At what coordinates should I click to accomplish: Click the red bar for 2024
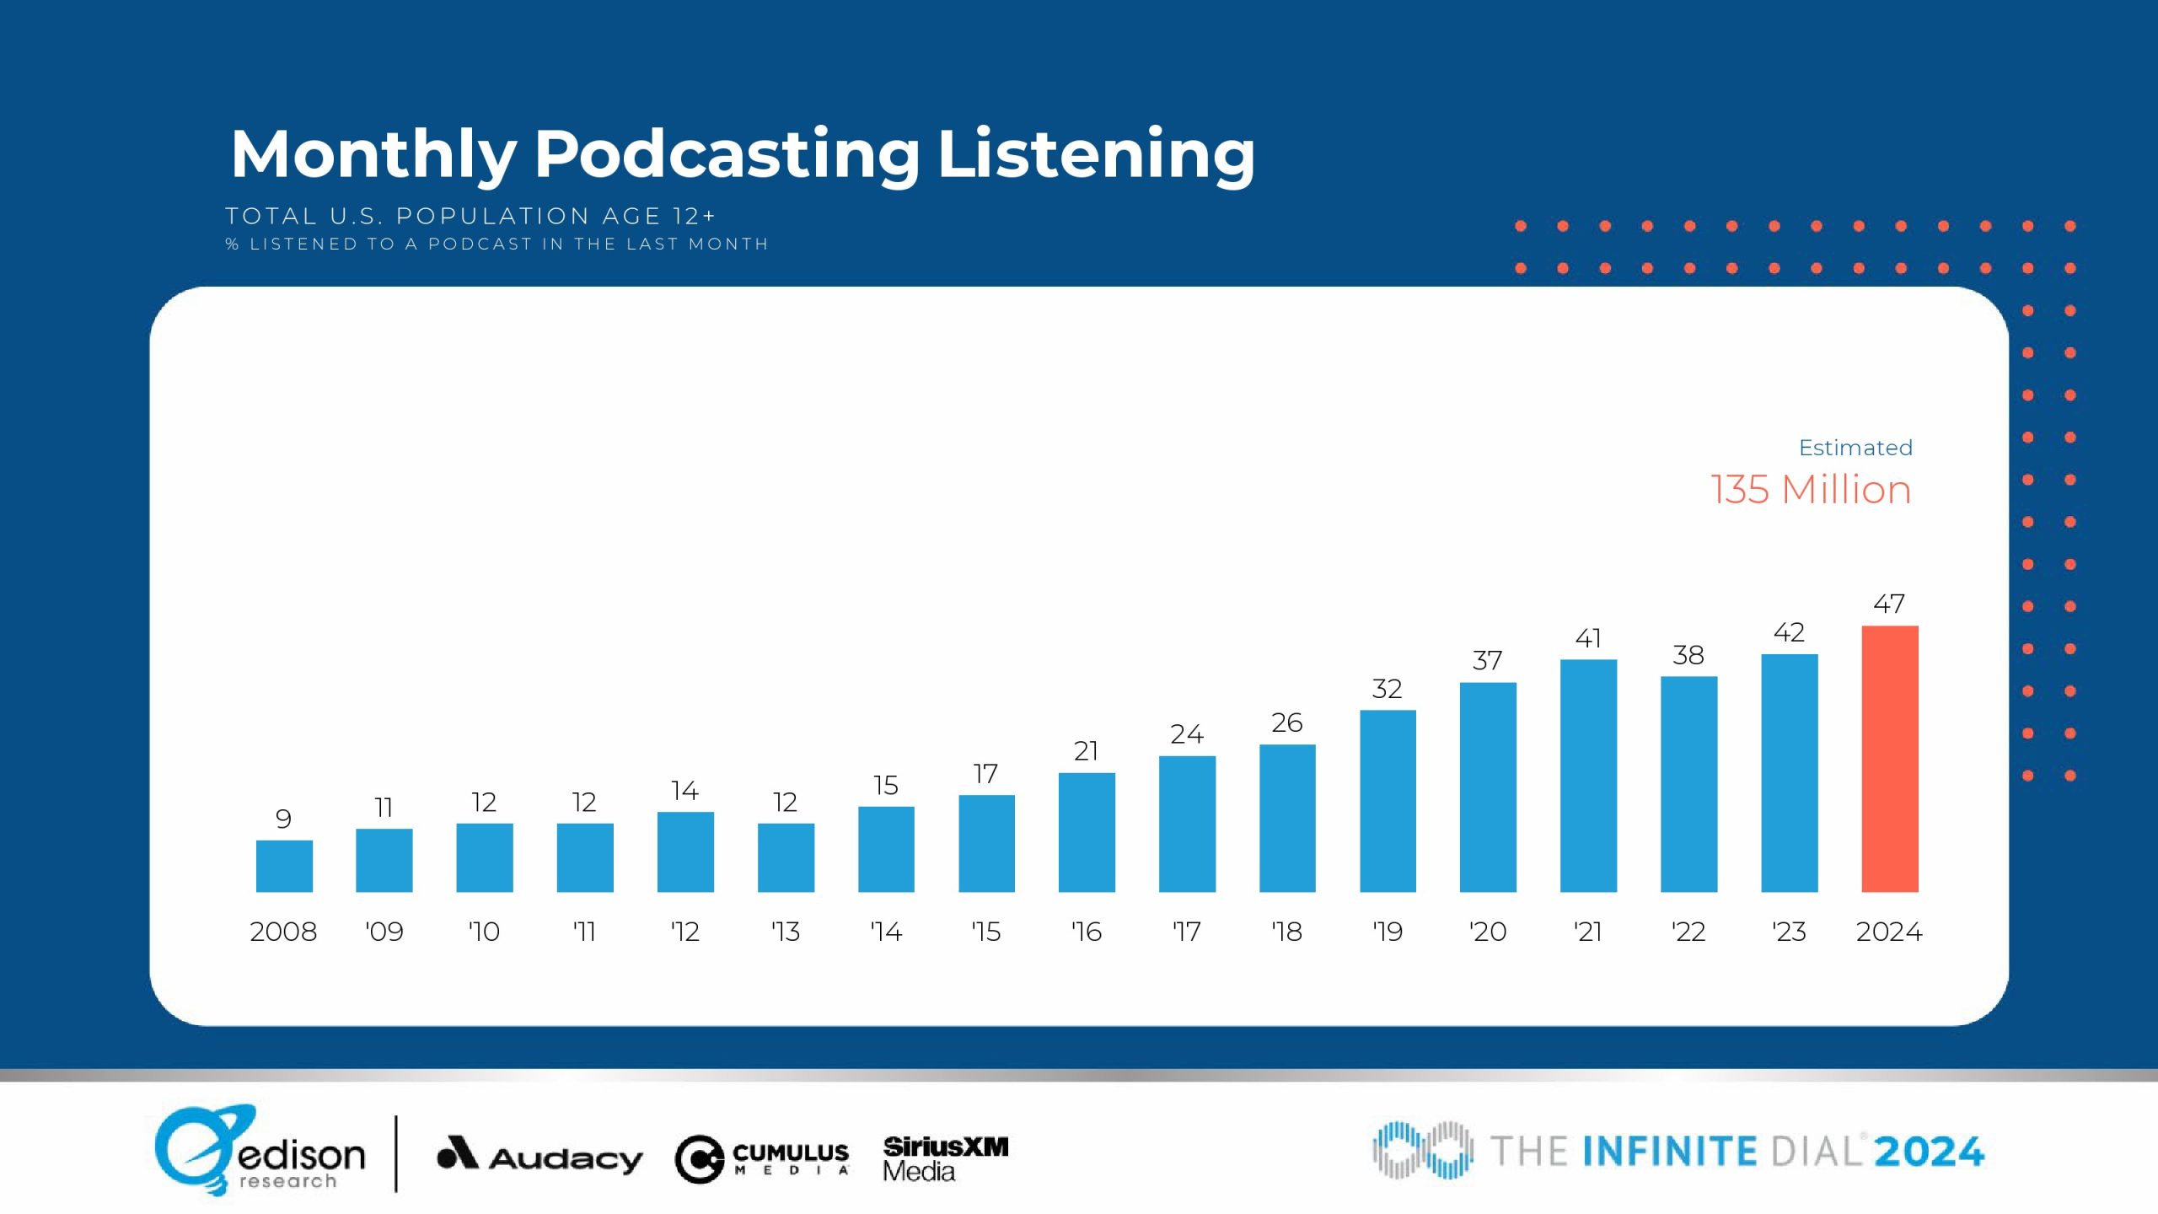(x=1889, y=759)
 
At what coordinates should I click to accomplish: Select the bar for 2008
(x=284, y=866)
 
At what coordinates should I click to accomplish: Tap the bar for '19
(x=1388, y=801)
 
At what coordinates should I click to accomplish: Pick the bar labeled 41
(x=1588, y=776)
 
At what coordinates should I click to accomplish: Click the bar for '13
(x=786, y=857)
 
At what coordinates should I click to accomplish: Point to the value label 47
(x=1889, y=604)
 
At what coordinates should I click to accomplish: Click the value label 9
(x=283, y=819)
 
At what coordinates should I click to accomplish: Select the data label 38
(x=1688, y=655)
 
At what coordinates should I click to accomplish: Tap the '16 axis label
(x=1087, y=932)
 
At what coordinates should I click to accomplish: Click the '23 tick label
(x=1789, y=932)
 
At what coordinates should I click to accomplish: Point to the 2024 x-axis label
(x=1889, y=932)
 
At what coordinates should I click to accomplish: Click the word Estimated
(x=1855, y=448)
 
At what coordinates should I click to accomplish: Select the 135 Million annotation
(x=1811, y=490)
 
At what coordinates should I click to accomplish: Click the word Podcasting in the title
(x=727, y=154)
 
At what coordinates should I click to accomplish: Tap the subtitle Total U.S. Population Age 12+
(x=470, y=217)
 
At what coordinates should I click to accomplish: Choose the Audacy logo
(x=539, y=1156)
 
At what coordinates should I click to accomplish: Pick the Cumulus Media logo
(x=762, y=1158)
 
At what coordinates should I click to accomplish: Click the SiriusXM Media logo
(x=945, y=1158)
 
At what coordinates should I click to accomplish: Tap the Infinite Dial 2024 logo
(x=1678, y=1151)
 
